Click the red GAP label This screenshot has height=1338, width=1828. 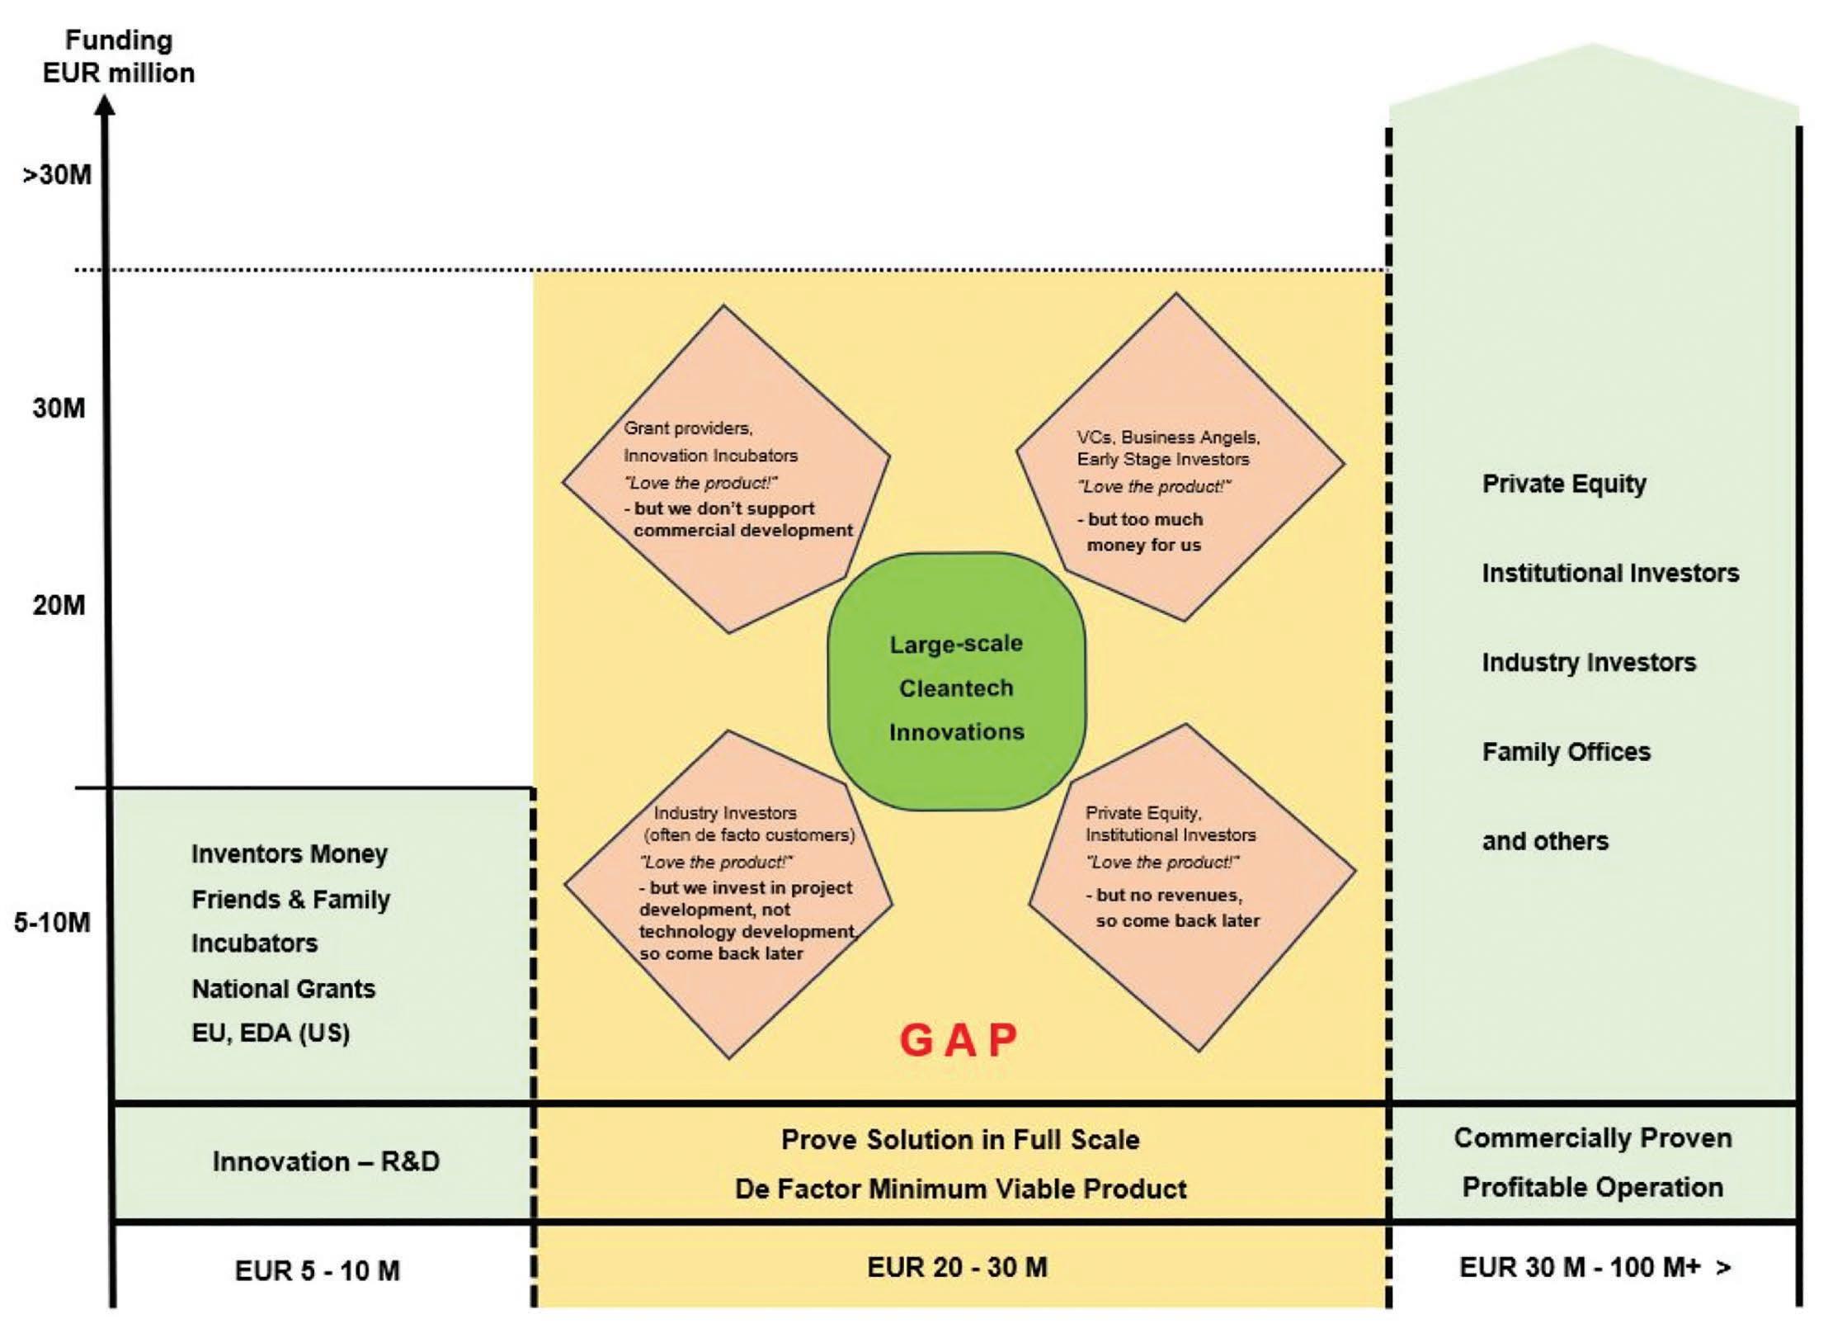(x=958, y=1040)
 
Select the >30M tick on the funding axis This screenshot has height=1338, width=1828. (x=57, y=175)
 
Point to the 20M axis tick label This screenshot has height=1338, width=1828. (x=59, y=605)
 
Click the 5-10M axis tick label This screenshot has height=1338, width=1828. (x=52, y=922)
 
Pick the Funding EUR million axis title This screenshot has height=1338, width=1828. (x=119, y=56)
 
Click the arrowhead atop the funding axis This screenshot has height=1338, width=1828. (x=106, y=105)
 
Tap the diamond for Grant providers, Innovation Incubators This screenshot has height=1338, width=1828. (x=726, y=470)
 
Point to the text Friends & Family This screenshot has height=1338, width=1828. (x=290, y=899)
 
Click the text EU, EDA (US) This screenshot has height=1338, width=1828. (x=271, y=1033)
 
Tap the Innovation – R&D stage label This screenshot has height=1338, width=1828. (x=326, y=1161)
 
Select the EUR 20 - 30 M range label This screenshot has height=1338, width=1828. (x=957, y=1267)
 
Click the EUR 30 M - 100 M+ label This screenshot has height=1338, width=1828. (x=1595, y=1267)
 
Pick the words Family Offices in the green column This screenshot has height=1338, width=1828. (x=1566, y=752)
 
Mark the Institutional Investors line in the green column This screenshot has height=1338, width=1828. (x=1610, y=573)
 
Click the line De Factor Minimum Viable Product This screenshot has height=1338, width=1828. (x=960, y=1189)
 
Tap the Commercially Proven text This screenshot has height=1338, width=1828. (x=1592, y=1138)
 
